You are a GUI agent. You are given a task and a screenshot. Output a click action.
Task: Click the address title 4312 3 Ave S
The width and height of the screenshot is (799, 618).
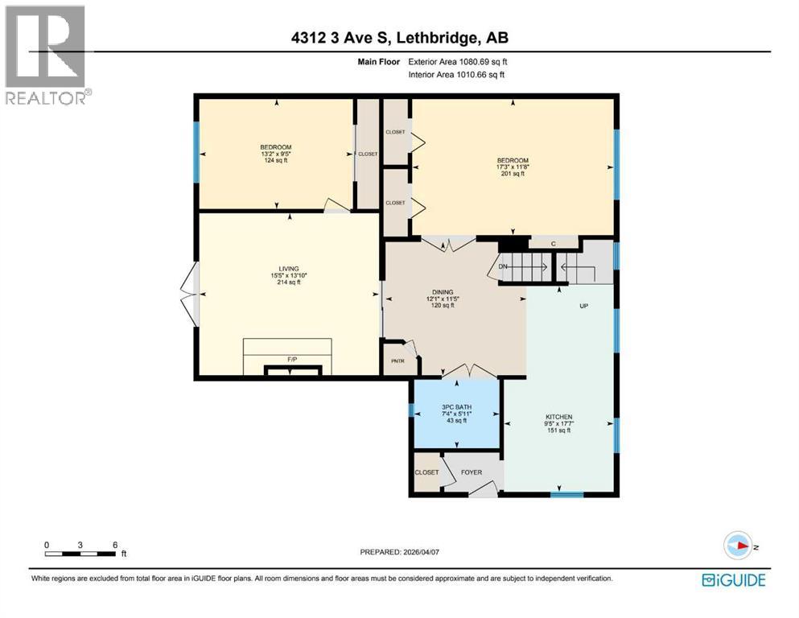(399, 38)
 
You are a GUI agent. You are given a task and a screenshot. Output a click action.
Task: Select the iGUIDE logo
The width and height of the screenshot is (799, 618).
(733, 580)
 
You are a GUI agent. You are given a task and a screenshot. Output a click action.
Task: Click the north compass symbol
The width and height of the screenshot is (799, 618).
(738, 546)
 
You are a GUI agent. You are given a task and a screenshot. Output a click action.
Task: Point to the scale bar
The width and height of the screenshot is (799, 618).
(80, 553)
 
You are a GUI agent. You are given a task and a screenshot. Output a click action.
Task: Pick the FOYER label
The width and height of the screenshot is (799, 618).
(472, 472)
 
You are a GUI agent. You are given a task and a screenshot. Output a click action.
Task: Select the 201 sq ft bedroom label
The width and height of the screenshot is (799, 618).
(513, 167)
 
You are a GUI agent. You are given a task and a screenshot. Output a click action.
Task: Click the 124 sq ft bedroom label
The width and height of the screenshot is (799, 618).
(276, 153)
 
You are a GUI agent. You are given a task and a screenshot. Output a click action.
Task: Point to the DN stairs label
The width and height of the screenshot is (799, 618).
(503, 266)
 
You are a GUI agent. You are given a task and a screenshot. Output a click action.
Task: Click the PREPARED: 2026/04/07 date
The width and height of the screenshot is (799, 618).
(399, 552)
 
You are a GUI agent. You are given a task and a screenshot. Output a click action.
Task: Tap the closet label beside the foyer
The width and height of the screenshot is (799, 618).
(427, 472)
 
